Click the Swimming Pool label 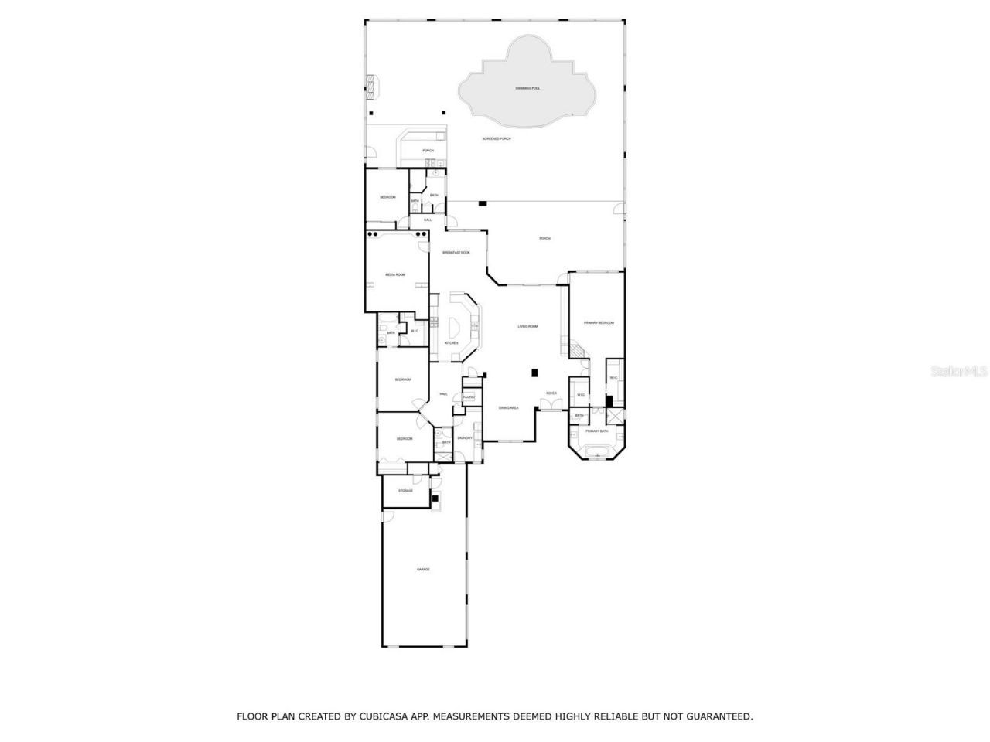[x=527, y=89]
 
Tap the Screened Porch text [x=497, y=139]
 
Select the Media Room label [x=395, y=274]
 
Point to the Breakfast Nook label [x=456, y=253]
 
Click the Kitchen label [x=451, y=343]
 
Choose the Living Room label [x=527, y=327]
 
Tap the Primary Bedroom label [x=598, y=322]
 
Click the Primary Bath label [x=596, y=431]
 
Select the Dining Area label [x=508, y=407]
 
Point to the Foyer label [x=551, y=393]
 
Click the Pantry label [x=468, y=397]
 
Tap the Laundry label [x=464, y=438]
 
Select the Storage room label [x=405, y=491]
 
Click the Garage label [x=423, y=570]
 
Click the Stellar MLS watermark [x=958, y=371]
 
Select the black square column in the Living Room [x=534, y=373]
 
